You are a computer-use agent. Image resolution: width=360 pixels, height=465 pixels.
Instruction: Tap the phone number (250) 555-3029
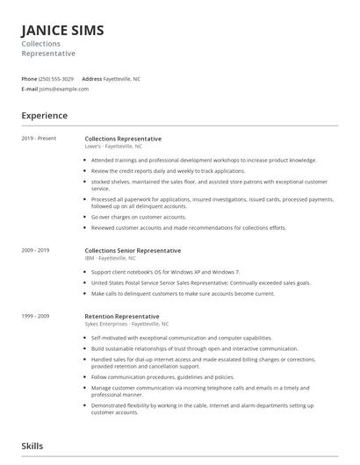tap(57, 79)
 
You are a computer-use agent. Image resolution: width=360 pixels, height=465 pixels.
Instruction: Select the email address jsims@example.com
tap(64, 89)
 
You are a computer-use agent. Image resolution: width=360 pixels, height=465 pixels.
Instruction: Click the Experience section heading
tap(45, 116)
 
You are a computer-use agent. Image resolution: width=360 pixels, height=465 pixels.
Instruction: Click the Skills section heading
tap(32, 446)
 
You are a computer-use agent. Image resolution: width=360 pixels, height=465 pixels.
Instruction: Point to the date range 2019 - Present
tap(39, 139)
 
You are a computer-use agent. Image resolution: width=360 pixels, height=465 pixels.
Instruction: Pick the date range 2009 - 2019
tap(37, 250)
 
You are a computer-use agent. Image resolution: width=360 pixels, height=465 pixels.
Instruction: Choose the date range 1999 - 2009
tap(37, 316)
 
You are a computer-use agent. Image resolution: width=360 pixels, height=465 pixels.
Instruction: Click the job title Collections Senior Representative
tap(133, 250)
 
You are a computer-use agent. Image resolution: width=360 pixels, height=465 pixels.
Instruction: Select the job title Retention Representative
tap(122, 316)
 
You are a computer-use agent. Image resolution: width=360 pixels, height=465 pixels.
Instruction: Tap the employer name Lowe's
tap(93, 147)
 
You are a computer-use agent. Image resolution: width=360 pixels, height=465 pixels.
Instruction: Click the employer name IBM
tap(89, 258)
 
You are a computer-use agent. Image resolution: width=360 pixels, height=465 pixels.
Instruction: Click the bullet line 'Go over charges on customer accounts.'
tap(139, 216)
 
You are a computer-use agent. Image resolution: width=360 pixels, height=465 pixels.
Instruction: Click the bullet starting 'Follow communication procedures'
tap(162, 376)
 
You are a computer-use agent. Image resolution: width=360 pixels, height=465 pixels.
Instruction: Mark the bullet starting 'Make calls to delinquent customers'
tap(183, 294)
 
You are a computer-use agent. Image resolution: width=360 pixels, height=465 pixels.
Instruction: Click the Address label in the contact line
tap(91, 79)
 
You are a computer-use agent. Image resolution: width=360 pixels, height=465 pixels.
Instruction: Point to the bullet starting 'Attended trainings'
tap(204, 161)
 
